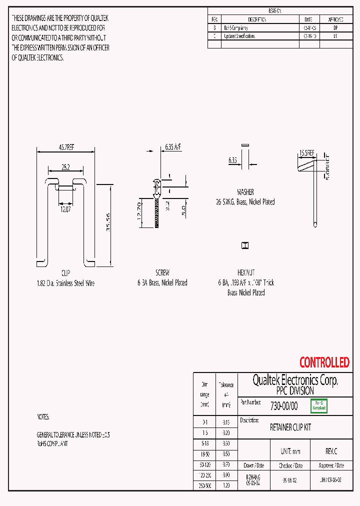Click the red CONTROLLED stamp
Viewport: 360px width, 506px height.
click(324, 362)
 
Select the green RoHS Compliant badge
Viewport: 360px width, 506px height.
click(319, 405)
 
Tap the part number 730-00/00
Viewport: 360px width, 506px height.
click(283, 406)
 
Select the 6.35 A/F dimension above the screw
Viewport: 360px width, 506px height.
click(169, 147)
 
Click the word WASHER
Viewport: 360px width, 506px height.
click(245, 192)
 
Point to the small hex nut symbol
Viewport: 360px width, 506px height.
click(245, 245)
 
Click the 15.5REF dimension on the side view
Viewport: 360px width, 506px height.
click(306, 153)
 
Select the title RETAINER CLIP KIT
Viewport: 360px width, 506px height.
click(290, 428)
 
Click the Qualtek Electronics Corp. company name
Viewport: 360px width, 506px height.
click(295, 380)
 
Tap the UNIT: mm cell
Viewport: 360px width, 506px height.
click(290, 451)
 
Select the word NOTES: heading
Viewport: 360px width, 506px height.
click(43, 417)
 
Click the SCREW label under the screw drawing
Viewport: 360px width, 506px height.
click(162, 273)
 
